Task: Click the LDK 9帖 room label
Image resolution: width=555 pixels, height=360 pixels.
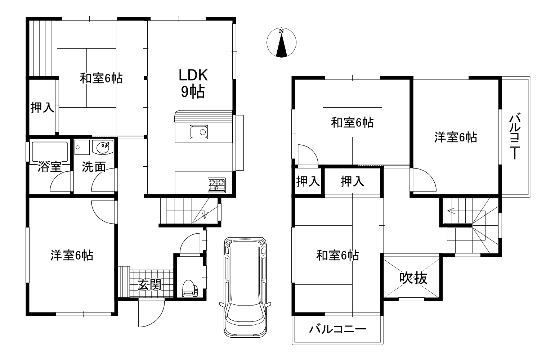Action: coord(193,84)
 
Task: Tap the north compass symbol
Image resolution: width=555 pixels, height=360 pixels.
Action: coord(282,42)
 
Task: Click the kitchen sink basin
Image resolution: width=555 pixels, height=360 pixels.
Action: coord(199,132)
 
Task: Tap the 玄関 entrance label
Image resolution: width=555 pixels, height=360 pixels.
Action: coord(149,285)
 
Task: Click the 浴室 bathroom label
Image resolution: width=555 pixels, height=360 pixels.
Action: coord(49,167)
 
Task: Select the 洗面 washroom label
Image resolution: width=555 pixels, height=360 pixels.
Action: coord(94,167)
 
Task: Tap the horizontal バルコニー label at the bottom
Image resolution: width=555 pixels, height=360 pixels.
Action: coord(337,329)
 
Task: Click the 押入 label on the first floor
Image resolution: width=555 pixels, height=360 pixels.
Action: coord(42,107)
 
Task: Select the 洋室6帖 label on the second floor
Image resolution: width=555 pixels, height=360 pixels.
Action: coord(456,137)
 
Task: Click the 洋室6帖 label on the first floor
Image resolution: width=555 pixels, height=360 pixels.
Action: coord(72,255)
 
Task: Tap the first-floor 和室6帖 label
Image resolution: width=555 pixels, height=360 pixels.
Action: coord(101,78)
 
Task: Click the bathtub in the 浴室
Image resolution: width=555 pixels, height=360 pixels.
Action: coord(50,152)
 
